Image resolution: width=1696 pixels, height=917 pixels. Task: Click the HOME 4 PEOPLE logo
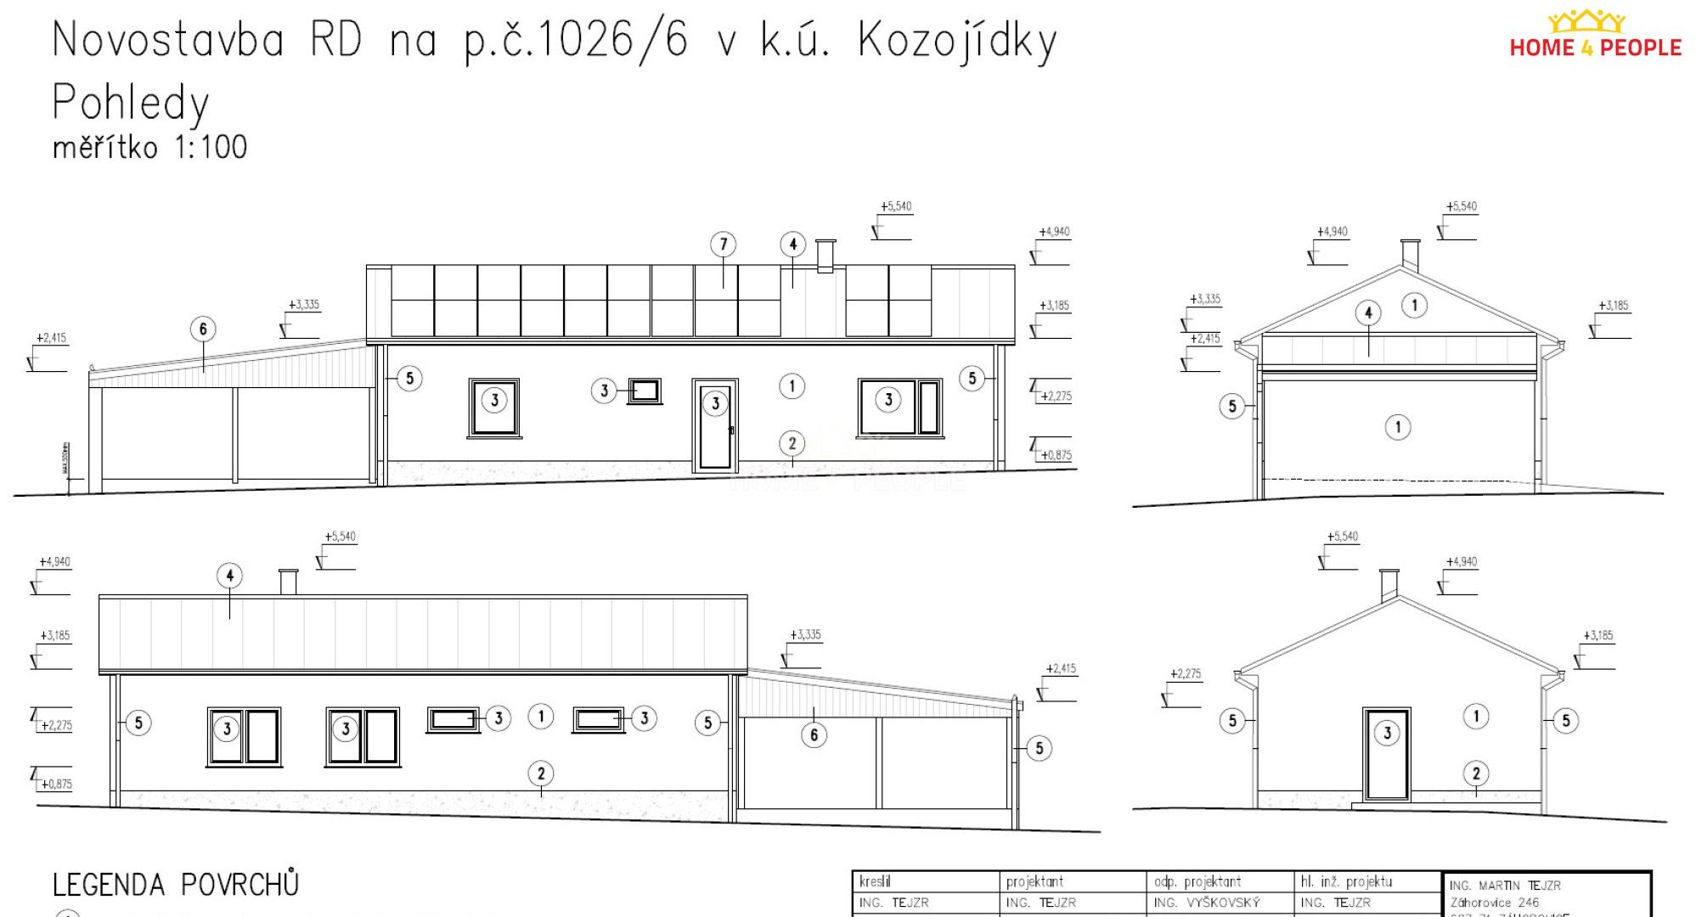[x=1594, y=37]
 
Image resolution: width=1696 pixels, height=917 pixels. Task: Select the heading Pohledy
[x=130, y=103]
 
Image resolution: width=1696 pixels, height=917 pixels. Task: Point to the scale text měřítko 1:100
[x=149, y=148]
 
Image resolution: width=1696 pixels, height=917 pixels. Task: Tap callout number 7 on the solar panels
[x=723, y=245]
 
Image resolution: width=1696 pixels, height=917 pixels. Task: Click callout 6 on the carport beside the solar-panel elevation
[x=202, y=329]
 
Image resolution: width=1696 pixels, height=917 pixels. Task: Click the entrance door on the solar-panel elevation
[x=714, y=425]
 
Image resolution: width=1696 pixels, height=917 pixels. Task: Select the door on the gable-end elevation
[x=1386, y=753]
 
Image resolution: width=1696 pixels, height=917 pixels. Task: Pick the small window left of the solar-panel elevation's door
[x=645, y=391]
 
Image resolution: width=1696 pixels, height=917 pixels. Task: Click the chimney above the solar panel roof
[x=825, y=256]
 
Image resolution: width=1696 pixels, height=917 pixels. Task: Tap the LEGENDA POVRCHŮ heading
[x=176, y=885]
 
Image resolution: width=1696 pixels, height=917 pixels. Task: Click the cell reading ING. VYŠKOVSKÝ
[x=1206, y=903]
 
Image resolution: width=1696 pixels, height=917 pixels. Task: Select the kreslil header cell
[x=876, y=881]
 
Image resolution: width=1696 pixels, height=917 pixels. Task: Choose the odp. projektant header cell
[x=1197, y=881]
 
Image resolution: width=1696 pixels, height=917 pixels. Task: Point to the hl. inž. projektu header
[x=1345, y=881]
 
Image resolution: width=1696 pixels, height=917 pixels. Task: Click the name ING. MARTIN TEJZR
[x=1505, y=885]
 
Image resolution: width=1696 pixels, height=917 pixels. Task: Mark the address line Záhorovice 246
[x=1494, y=903]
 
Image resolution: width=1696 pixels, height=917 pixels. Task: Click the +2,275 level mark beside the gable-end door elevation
[x=1186, y=674]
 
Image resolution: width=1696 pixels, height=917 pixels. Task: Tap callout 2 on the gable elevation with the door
[x=1475, y=774]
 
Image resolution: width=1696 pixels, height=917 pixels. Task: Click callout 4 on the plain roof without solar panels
[x=229, y=576]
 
